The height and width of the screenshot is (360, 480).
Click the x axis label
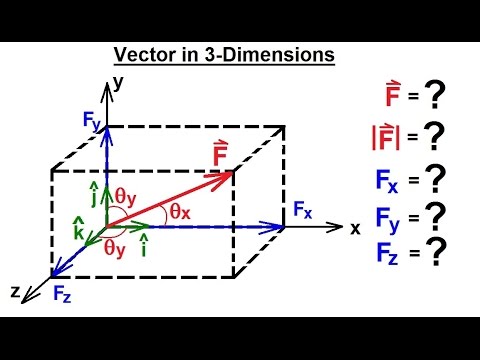click(355, 227)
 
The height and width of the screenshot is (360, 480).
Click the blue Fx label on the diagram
click(304, 210)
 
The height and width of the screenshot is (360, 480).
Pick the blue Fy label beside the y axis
click(92, 122)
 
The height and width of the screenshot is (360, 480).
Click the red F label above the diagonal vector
click(221, 155)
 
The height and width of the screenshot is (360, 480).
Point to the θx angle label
click(178, 211)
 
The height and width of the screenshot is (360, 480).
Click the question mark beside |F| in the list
click(433, 136)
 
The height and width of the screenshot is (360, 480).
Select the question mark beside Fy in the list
click(434, 216)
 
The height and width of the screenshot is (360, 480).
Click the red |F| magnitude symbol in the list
click(385, 137)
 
